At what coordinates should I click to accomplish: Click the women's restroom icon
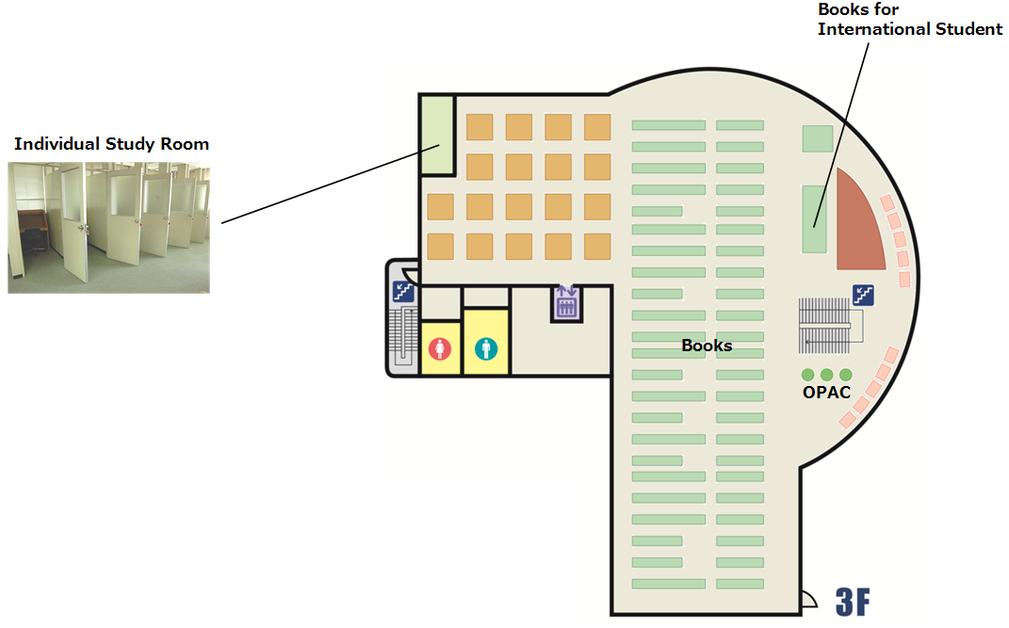(x=440, y=348)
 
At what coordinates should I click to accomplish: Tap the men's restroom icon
(x=486, y=348)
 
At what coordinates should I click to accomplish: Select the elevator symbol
(x=566, y=303)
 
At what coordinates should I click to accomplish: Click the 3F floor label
(x=853, y=603)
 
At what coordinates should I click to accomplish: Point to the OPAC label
(x=826, y=392)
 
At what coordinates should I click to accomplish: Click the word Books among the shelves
(x=707, y=346)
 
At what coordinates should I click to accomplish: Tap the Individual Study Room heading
(x=111, y=143)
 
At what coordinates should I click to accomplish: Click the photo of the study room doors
(x=108, y=228)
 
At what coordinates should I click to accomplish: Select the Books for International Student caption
(x=909, y=19)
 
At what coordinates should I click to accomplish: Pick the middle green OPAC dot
(x=827, y=375)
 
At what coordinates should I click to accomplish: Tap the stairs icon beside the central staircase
(x=863, y=295)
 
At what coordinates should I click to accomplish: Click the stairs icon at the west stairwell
(x=403, y=292)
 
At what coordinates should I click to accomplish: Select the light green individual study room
(x=437, y=135)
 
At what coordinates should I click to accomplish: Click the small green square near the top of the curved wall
(x=817, y=138)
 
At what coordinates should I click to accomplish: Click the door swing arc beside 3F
(x=809, y=599)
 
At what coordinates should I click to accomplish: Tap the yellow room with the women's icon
(x=440, y=347)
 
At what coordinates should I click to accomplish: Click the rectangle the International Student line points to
(x=814, y=219)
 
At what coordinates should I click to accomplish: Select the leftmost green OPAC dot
(x=807, y=375)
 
